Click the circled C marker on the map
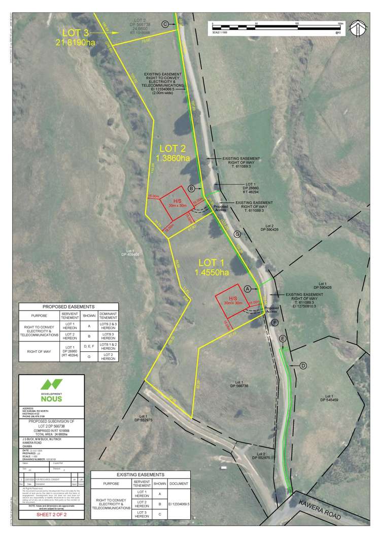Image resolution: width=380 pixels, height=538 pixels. click(x=165, y=24)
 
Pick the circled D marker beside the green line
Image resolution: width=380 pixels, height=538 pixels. click(x=303, y=365)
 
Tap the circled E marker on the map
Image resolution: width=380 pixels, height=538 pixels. click(x=283, y=339)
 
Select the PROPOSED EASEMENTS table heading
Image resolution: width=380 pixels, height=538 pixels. click(x=68, y=307)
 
